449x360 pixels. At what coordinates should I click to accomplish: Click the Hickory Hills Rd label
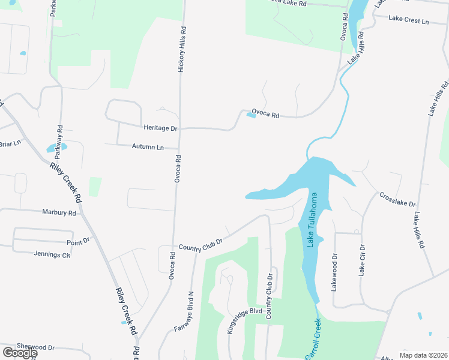[x=182, y=49]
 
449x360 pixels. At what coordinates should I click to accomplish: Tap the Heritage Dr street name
[x=160, y=128]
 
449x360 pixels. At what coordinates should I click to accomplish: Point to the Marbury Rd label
[x=59, y=212]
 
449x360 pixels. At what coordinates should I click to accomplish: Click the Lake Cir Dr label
[x=362, y=260]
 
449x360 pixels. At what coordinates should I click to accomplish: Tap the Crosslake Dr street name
[x=397, y=200]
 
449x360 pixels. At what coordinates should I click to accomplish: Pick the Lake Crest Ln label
[x=409, y=20]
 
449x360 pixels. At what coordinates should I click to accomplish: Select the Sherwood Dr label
[x=35, y=347]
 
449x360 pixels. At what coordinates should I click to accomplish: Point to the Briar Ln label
[x=10, y=143]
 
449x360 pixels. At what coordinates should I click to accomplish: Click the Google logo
[x=19, y=353]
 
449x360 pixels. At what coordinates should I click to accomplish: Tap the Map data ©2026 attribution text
[x=423, y=355]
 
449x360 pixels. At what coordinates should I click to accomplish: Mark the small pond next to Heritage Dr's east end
[x=251, y=116]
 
